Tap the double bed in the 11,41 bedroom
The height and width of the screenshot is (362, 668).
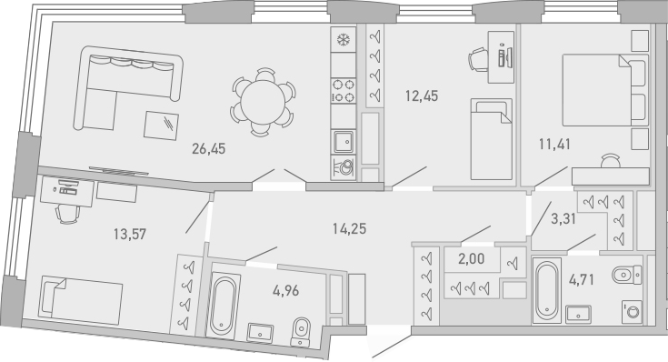[602, 100]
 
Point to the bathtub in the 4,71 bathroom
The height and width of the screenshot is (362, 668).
[545, 292]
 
